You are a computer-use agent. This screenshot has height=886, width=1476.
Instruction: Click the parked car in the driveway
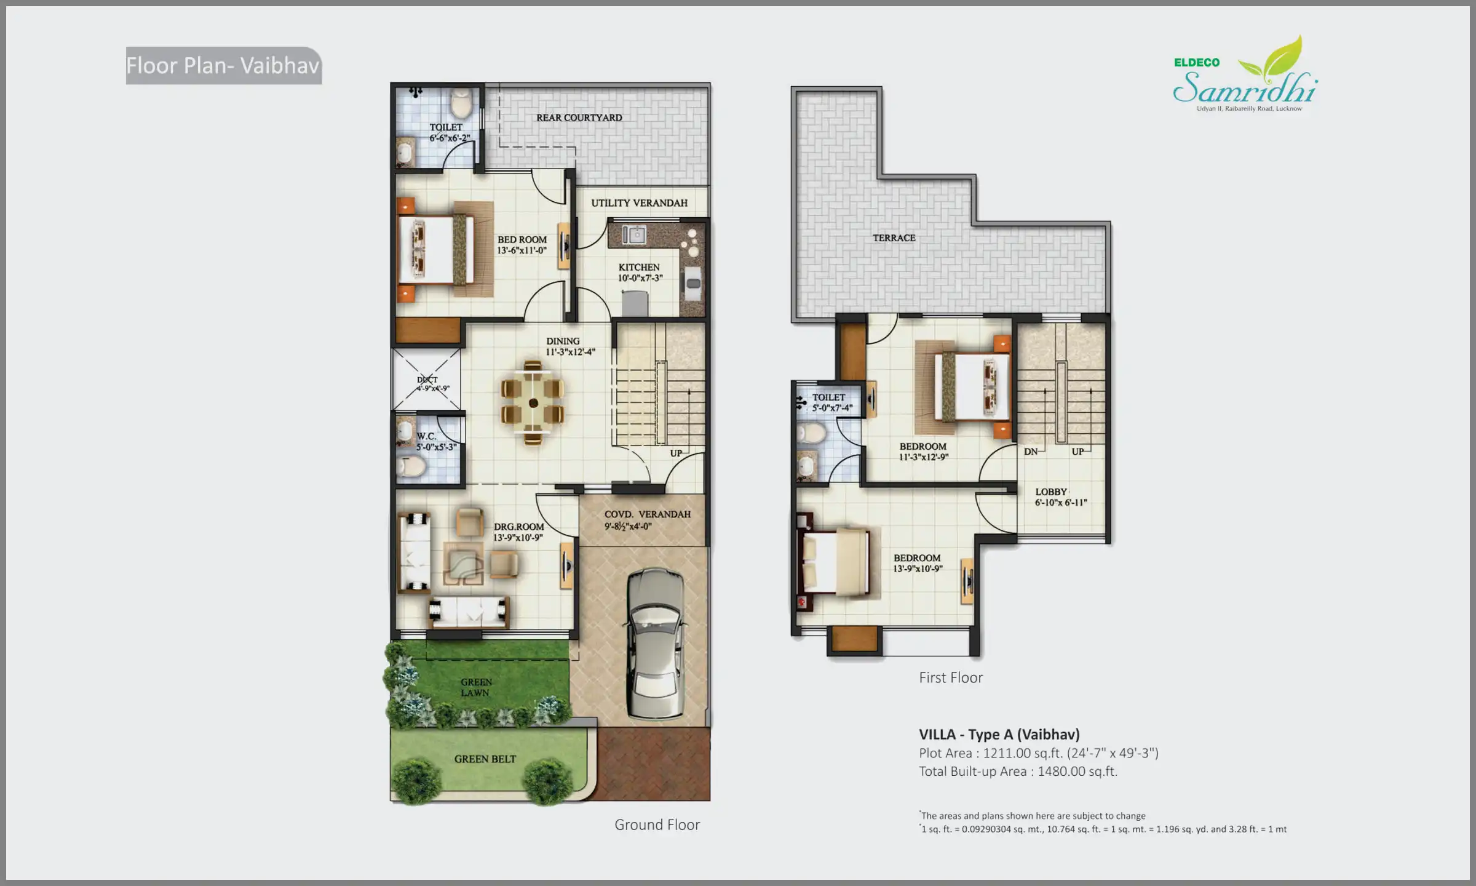click(654, 644)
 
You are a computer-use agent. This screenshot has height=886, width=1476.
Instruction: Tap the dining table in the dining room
click(533, 403)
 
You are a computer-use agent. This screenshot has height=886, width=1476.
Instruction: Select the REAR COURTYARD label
click(579, 118)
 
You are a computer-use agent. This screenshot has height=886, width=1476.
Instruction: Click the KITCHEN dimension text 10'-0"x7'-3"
click(640, 278)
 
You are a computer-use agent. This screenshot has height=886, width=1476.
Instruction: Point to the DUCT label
click(427, 380)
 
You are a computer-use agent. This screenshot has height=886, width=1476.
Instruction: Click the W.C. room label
click(426, 436)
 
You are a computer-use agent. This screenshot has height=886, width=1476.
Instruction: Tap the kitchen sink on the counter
click(633, 235)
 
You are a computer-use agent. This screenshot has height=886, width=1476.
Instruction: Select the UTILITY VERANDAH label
click(639, 203)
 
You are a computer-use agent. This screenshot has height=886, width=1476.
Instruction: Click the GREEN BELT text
click(485, 759)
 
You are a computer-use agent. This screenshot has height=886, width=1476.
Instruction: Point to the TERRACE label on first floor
click(894, 238)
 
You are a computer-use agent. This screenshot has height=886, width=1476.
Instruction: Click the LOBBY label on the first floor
click(1050, 492)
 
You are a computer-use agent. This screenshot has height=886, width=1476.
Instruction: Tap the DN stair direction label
click(1031, 452)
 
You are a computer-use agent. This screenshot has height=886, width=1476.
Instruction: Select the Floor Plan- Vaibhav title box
click(223, 66)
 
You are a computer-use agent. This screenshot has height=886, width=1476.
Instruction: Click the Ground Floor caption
click(657, 825)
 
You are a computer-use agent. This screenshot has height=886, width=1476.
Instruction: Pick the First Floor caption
click(950, 678)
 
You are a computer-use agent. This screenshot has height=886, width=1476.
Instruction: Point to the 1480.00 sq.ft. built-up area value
click(1077, 772)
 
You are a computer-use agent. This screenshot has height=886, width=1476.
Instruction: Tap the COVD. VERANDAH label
click(647, 514)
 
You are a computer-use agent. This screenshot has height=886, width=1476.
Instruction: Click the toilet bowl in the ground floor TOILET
click(460, 103)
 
